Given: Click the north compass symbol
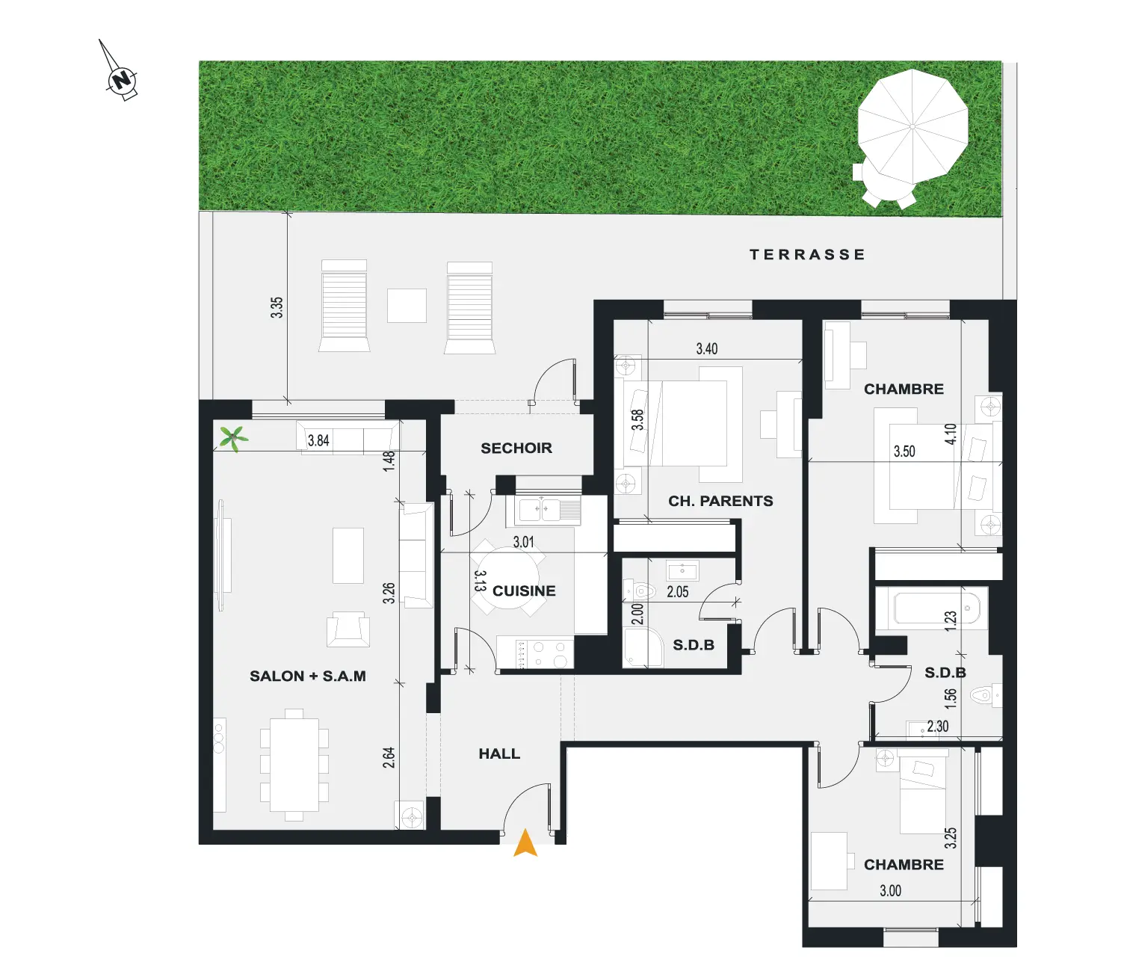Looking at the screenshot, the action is click(x=121, y=78).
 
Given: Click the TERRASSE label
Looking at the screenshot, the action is click(x=807, y=254).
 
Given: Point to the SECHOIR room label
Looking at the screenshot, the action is click(x=516, y=448).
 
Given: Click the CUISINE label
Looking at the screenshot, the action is click(x=524, y=591).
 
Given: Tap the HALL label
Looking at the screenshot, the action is click(x=499, y=753).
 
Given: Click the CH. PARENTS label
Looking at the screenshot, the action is click(x=720, y=501).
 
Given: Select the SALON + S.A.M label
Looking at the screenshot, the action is click(x=308, y=676).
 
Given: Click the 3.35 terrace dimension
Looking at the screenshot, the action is click(x=277, y=307).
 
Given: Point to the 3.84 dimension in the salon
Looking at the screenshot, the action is click(x=318, y=440).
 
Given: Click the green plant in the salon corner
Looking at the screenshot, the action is click(x=234, y=438).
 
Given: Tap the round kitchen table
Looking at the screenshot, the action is click(x=508, y=577).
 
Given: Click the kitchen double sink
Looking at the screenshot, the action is click(x=543, y=511).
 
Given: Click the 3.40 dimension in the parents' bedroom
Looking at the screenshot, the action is click(x=707, y=348).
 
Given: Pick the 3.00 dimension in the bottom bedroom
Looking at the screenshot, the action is click(x=890, y=891).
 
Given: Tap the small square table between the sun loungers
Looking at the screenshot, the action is click(x=407, y=306).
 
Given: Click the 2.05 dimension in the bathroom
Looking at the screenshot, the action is click(x=678, y=591).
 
